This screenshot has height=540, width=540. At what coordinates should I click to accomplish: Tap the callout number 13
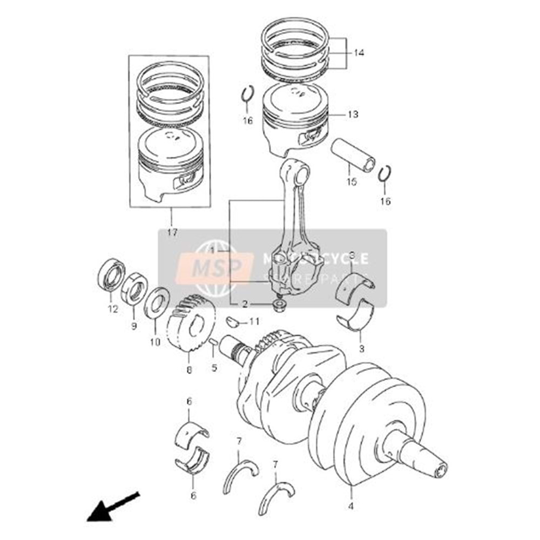pyautogui.click(x=353, y=114)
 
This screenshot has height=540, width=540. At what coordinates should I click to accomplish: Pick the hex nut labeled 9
pyautogui.click(x=134, y=287)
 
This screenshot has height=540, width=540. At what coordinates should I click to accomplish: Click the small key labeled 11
pyautogui.click(x=233, y=321)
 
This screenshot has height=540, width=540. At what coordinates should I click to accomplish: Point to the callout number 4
pyautogui.click(x=351, y=507)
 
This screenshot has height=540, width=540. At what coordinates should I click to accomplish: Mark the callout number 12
pyautogui.click(x=112, y=309)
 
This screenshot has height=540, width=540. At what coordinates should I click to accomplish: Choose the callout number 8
pyautogui.click(x=189, y=370)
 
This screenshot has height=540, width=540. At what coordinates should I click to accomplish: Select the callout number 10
pyautogui.click(x=155, y=342)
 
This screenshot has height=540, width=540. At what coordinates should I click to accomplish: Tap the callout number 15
pyautogui.click(x=352, y=182)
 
